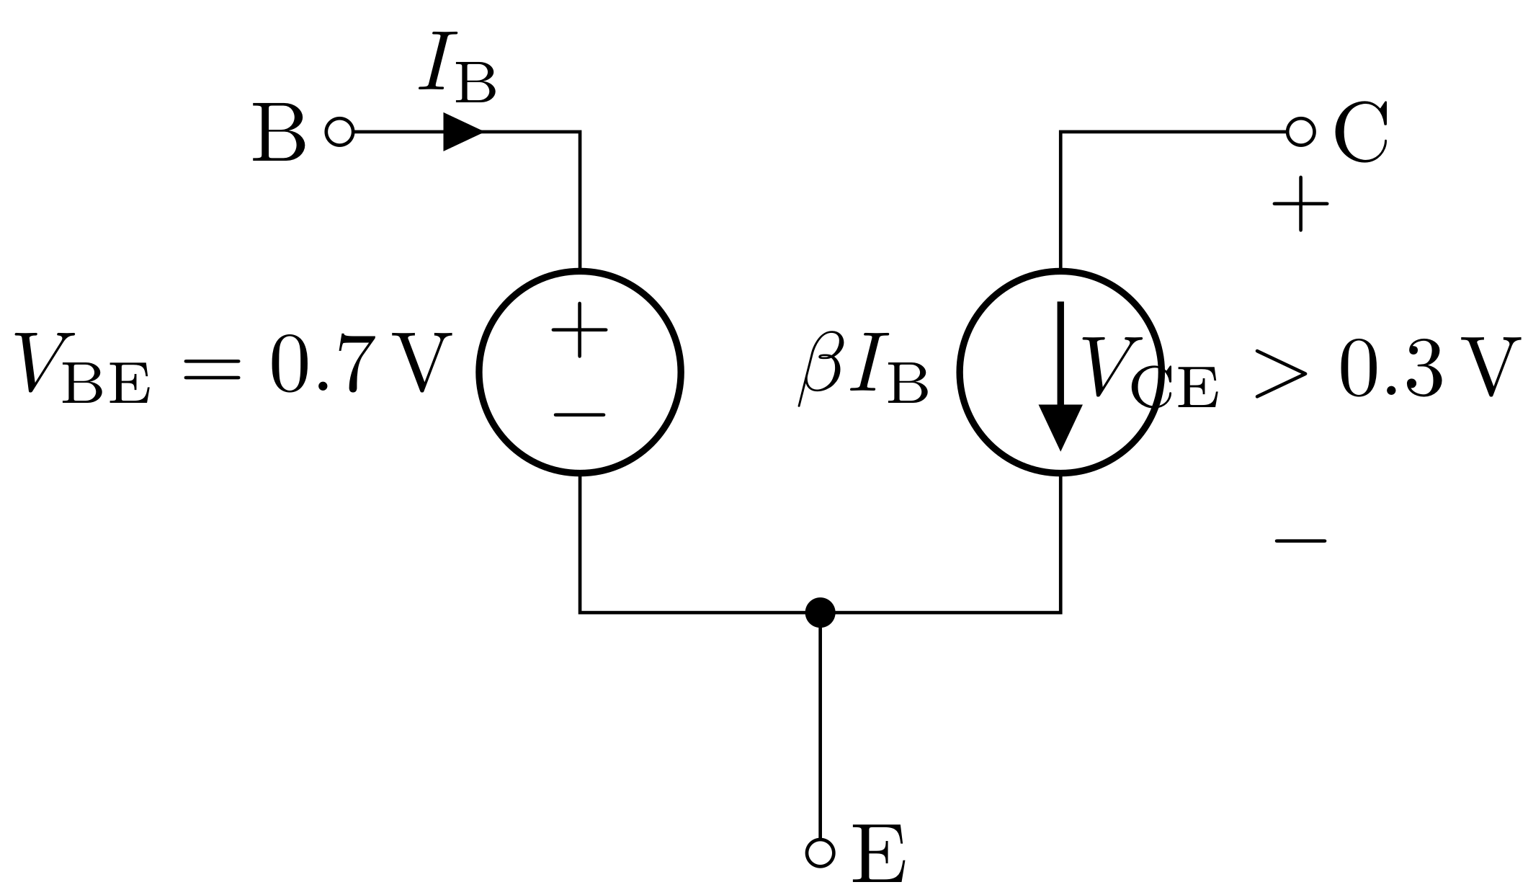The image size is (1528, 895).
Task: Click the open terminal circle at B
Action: pyautogui.click(x=339, y=132)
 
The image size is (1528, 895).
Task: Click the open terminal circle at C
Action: pyautogui.click(x=1300, y=132)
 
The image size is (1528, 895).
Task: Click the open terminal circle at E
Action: pyautogui.click(x=820, y=852)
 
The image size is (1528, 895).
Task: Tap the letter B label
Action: pyautogui.click(x=279, y=133)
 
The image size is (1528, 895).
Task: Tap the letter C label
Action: pyautogui.click(x=1361, y=133)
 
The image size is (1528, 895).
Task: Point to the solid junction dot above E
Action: pyautogui.click(x=820, y=613)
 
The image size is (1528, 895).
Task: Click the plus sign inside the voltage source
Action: pyautogui.click(x=579, y=329)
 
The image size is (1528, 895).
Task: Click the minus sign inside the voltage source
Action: pyautogui.click(x=579, y=416)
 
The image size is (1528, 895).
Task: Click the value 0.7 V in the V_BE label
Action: pyautogui.click(x=360, y=365)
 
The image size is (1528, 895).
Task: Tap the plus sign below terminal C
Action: pyautogui.click(x=1300, y=205)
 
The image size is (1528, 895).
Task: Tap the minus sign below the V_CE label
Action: pyautogui.click(x=1300, y=540)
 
